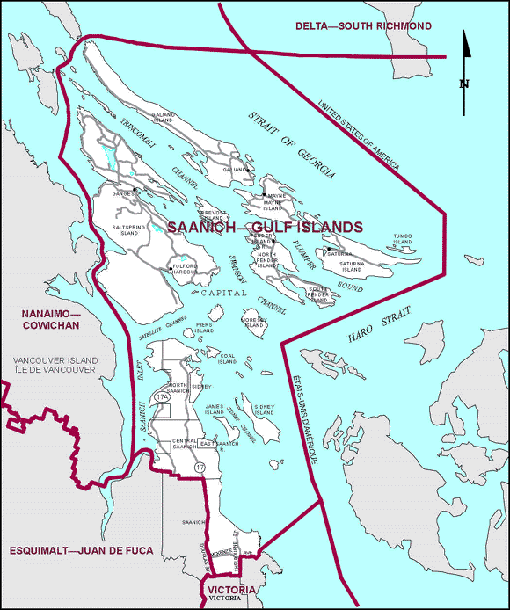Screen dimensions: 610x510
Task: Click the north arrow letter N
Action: click(463, 84)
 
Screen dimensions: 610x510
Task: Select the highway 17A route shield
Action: click(162, 398)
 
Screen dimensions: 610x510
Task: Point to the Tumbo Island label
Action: click(402, 239)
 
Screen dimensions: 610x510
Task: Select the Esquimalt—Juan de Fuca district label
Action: click(82, 550)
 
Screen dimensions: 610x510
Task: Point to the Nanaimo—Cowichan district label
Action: click(51, 320)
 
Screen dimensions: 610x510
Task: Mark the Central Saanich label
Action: click(185, 444)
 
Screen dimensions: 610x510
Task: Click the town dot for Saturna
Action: click(326, 250)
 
